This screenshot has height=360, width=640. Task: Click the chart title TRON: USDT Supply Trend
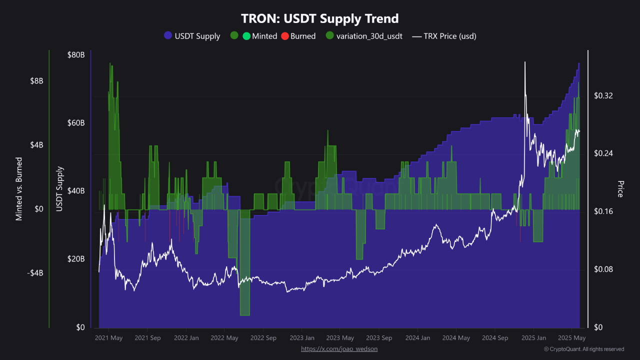point(320,19)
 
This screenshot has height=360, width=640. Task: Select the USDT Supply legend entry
point(192,36)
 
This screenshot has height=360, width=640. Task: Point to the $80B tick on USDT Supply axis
point(76,54)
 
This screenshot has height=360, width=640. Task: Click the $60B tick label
point(76,123)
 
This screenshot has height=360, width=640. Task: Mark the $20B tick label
point(76,259)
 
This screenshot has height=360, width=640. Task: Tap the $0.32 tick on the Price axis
point(603,95)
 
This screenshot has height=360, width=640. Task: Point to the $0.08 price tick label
point(603,269)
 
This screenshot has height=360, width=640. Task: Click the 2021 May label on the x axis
point(109,338)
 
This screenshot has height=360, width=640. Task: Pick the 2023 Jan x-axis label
point(302,338)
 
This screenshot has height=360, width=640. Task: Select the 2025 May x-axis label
point(571,338)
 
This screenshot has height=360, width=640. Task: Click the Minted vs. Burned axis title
point(19,189)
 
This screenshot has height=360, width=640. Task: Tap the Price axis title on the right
point(620,189)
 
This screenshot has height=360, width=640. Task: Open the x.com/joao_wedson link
point(339,349)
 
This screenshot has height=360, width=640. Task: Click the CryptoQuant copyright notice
point(583,349)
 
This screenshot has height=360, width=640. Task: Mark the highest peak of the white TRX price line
point(525,62)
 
